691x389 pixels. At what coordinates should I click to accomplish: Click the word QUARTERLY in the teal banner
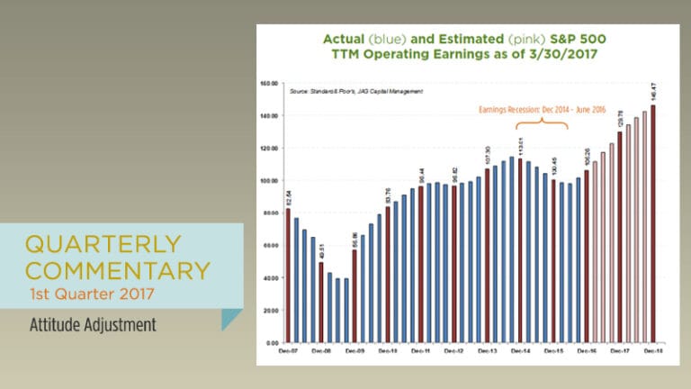tap(103, 244)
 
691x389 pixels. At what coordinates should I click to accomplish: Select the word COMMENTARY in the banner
tap(118, 269)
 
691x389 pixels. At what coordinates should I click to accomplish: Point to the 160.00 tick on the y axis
tap(266, 83)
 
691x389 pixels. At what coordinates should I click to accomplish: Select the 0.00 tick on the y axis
tap(268, 343)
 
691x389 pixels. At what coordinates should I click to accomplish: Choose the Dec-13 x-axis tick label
tap(488, 351)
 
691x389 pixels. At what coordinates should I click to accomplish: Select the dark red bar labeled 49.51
tap(321, 303)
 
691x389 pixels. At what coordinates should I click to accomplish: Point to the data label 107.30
tap(487, 154)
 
